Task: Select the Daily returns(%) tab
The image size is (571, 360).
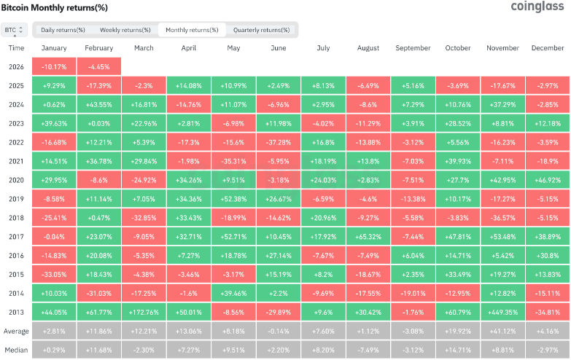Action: coord(63,30)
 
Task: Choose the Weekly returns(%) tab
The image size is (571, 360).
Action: coord(125,30)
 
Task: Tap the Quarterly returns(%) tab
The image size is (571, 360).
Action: coord(261,30)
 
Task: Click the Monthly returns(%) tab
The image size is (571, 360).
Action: coord(192,30)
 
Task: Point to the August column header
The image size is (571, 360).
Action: coord(368,48)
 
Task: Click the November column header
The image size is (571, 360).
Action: coord(502,48)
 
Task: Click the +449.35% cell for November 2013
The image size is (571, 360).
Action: coord(502,311)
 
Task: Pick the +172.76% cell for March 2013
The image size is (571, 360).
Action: coord(144,311)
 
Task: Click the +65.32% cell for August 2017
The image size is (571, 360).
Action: coord(368,236)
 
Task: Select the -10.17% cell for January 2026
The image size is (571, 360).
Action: coord(54,66)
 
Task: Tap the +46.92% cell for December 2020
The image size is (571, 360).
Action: coord(547,179)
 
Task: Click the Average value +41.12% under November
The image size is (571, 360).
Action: coord(502,331)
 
